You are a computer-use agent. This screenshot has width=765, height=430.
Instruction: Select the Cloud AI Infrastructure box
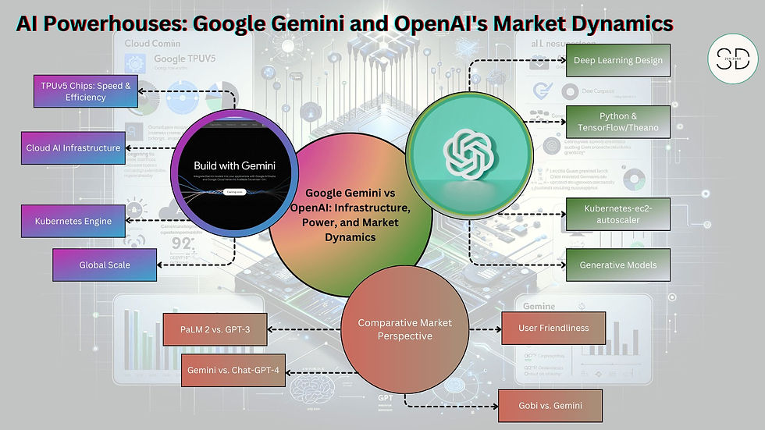click(x=73, y=147)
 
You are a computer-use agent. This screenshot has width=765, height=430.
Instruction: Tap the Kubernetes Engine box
click(x=73, y=221)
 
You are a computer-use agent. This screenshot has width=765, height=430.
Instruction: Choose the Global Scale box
click(x=105, y=265)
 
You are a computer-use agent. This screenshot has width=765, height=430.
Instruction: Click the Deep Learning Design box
click(x=618, y=60)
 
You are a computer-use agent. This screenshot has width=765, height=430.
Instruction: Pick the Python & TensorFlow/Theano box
click(x=618, y=122)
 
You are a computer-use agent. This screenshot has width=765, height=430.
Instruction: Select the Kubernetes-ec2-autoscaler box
click(x=618, y=214)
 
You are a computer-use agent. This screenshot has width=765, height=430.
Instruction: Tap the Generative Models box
click(x=618, y=265)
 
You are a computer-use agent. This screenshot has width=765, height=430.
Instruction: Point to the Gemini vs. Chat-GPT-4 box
click(x=234, y=370)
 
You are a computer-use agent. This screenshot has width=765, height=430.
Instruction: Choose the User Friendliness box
click(x=553, y=328)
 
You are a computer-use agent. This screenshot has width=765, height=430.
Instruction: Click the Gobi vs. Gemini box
click(x=550, y=406)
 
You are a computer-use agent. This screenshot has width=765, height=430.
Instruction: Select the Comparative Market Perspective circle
click(x=404, y=329)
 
